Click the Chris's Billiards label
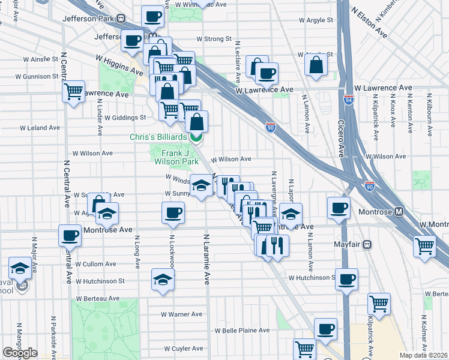158,137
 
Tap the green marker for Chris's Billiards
196,138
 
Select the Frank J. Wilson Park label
176,157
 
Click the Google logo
20,353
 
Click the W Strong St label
214,39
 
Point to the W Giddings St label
125,118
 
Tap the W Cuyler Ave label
184,348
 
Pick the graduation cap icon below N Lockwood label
162,280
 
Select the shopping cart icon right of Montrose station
424,245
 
